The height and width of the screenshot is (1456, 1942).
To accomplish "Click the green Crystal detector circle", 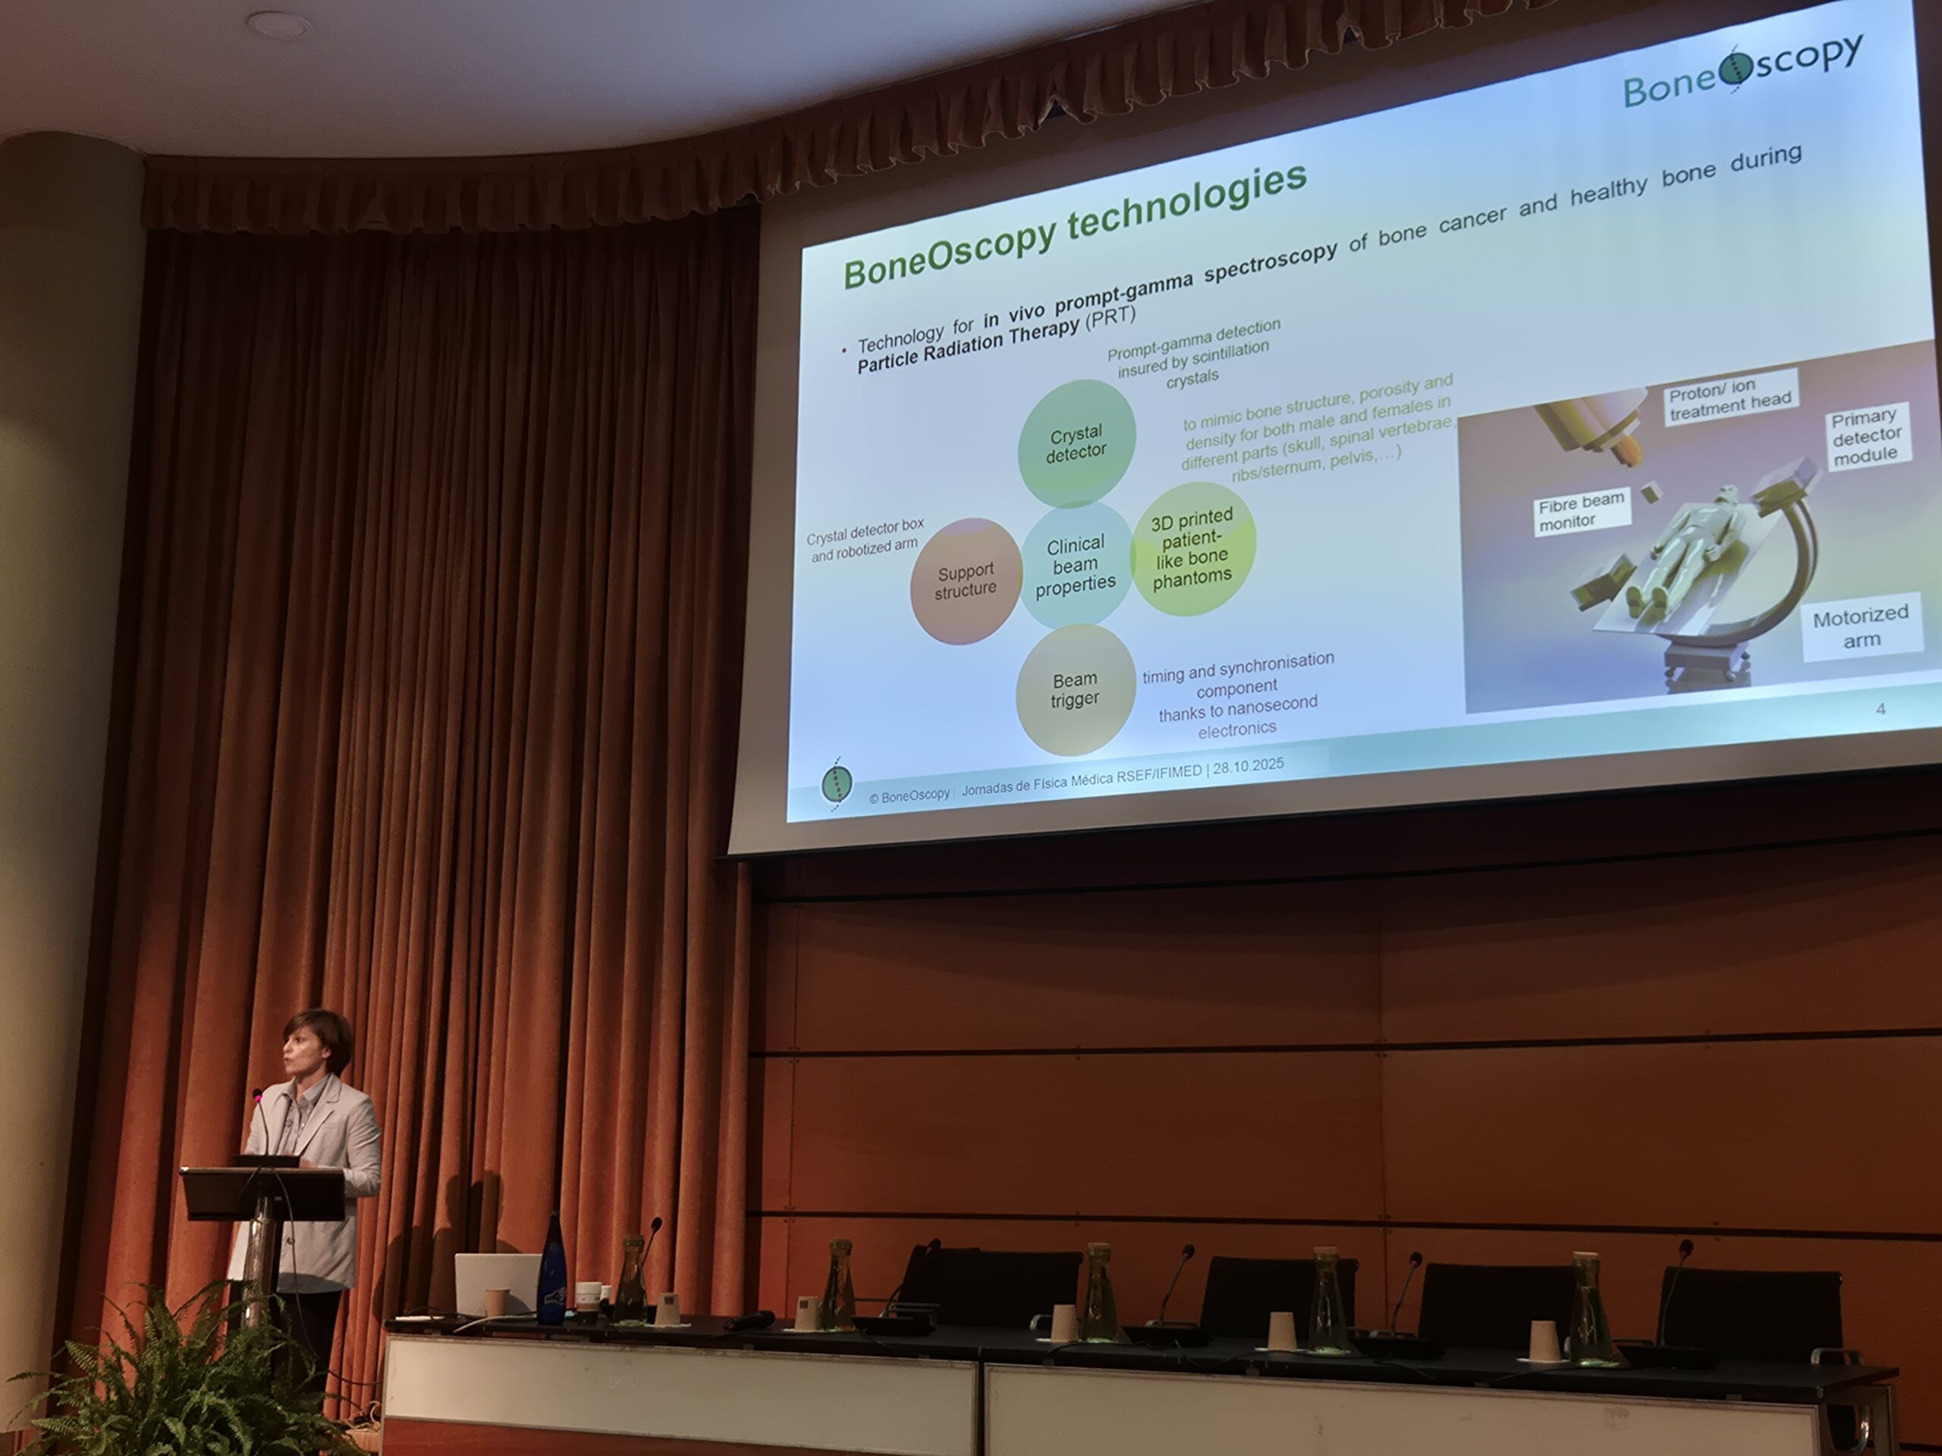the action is [x=1076, y=443].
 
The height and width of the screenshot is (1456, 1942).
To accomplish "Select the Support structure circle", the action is [x=966, y=580].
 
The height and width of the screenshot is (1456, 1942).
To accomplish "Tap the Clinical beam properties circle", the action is [x=1075, y=564].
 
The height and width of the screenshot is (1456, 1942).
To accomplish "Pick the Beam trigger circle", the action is [x=1075, y=690].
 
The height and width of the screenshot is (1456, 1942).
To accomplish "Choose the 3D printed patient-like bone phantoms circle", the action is [x=1193, y=548].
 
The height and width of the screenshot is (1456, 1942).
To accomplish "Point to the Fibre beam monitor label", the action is [x=1582, y=513].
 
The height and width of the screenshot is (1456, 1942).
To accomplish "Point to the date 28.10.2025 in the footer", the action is [x=1248, y=766].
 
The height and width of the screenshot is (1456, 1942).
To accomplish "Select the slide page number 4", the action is [x=1880, y=708].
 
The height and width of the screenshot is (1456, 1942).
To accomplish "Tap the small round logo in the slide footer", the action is [x=837, y=783].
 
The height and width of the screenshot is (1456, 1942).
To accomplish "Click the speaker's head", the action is [x=317, y=1049].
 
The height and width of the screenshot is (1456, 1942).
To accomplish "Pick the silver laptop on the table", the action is [x=497, y=1284].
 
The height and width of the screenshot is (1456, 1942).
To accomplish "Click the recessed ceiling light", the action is [x=278, y=24].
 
